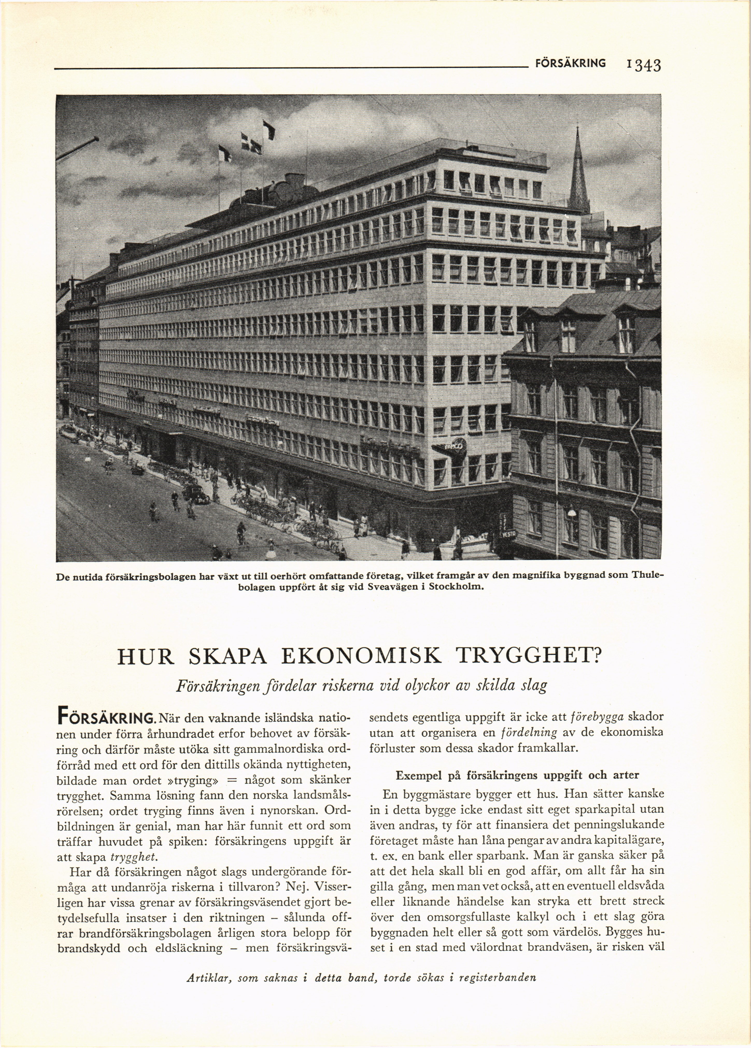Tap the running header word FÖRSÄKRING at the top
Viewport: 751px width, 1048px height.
(570, 63)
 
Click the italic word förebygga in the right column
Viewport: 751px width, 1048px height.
(598, 717)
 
